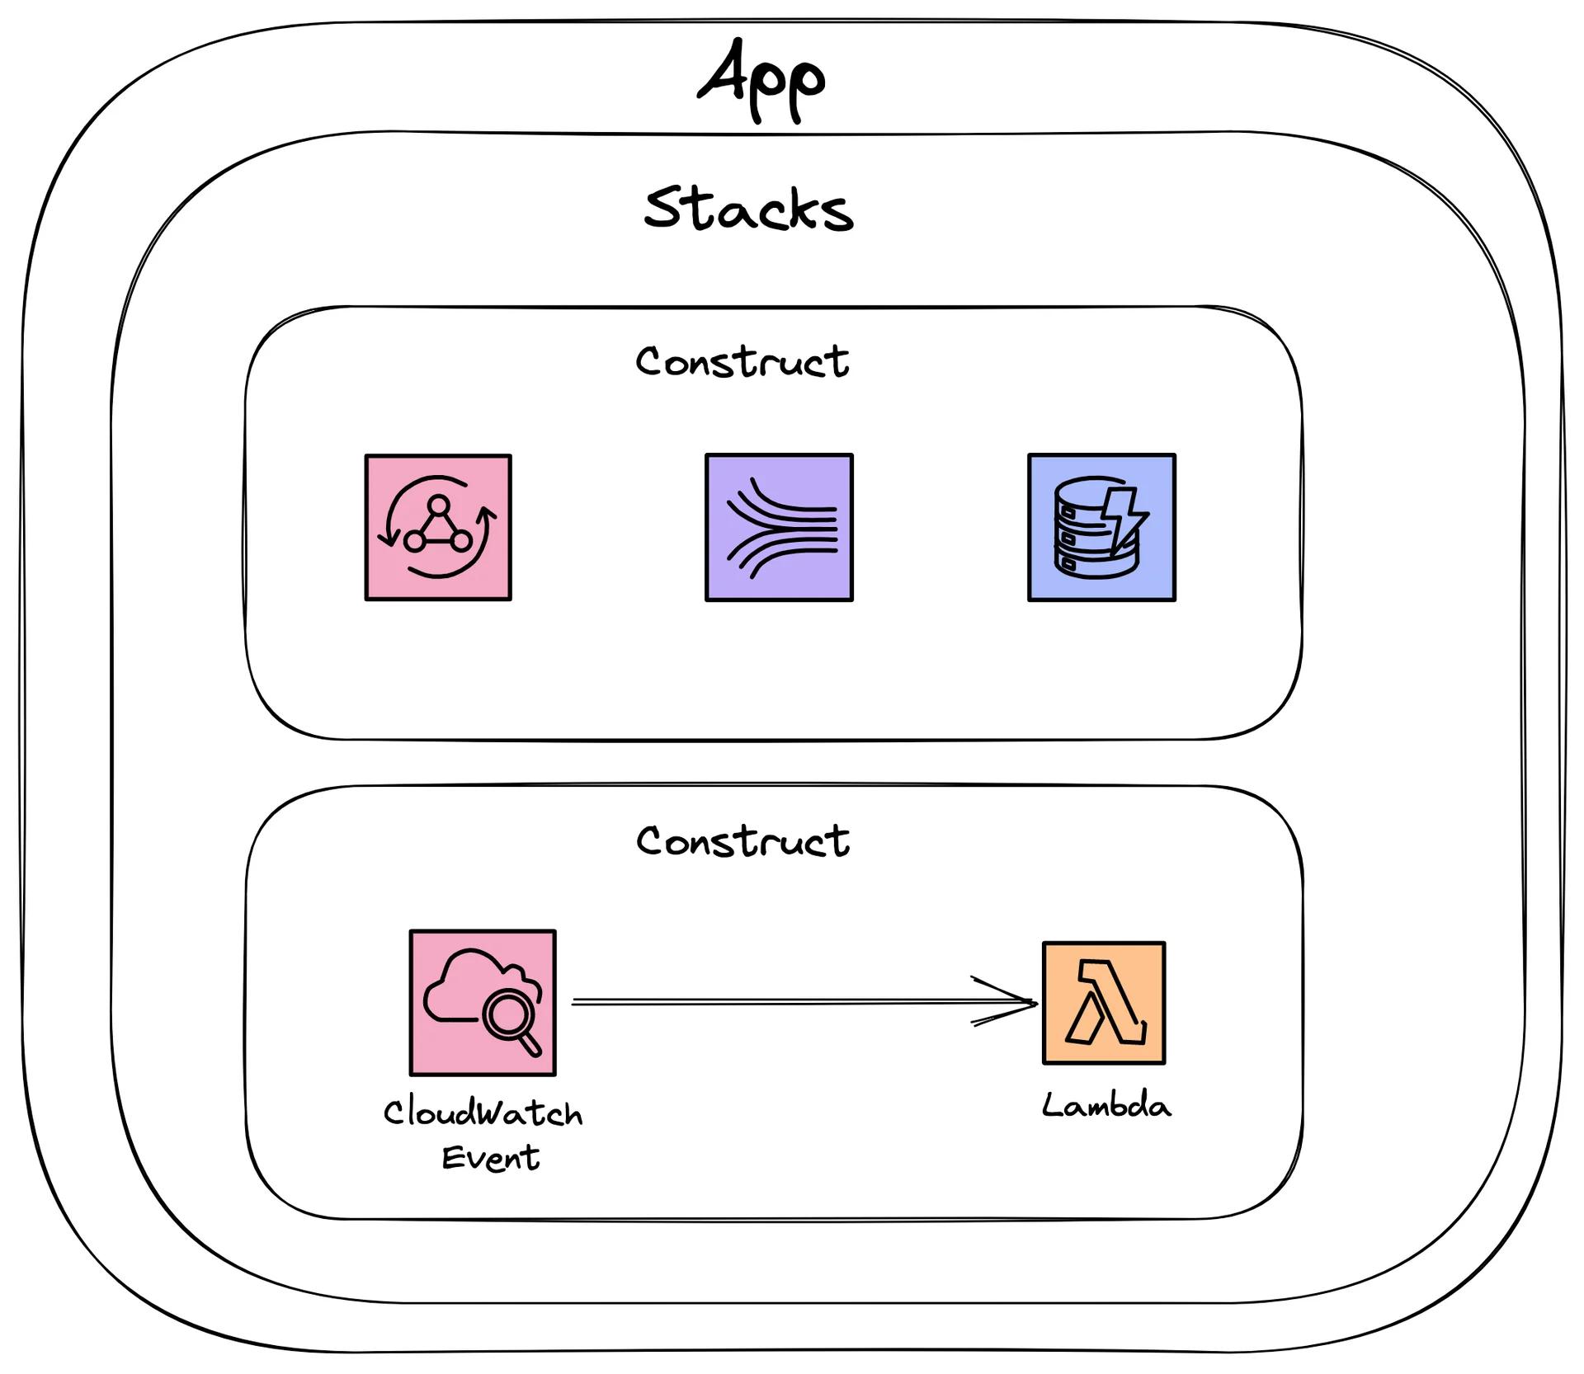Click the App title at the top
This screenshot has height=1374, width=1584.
(761, 80)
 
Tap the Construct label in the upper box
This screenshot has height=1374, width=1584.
(742, 362)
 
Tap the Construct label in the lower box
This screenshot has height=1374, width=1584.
(742, 841)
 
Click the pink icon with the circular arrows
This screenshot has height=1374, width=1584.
(438, 527)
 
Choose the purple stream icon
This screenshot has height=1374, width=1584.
(779, 527)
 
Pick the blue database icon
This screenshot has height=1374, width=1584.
(1101, 527)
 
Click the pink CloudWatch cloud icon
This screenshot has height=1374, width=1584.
(483, 1003)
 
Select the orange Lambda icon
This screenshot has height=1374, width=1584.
(1104, 1003)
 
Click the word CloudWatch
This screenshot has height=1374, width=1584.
(483, 1113)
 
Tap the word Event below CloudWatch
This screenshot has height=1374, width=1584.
(491, 1158)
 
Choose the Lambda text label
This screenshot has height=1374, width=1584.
(1106, 1106)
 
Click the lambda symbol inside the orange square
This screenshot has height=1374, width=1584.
(1105, 1003)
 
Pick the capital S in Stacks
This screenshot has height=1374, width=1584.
(665, 207)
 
